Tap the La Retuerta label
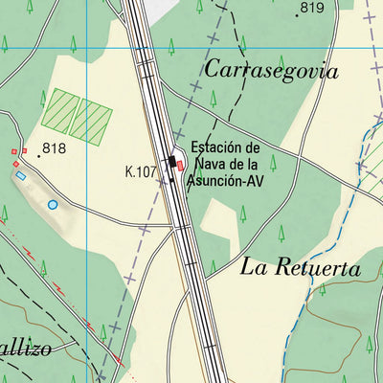pyautogui.click(x=301, y=268)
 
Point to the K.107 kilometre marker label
pyautogui.click(x=141, y=172)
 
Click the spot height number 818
pyautogui.click(x=54, y=147)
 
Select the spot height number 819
pyautogui.click(x=312, y=9)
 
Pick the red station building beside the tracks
pyautogui.click(x=180, y=166)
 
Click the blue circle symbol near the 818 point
pyautogui.click(x=52, y=204)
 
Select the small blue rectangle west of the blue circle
pyautogui.click(x=20, y=175)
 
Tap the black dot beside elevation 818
pyautogui.click(x=39, y=154)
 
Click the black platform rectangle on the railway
pyautogui.click(x=173, y=159)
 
